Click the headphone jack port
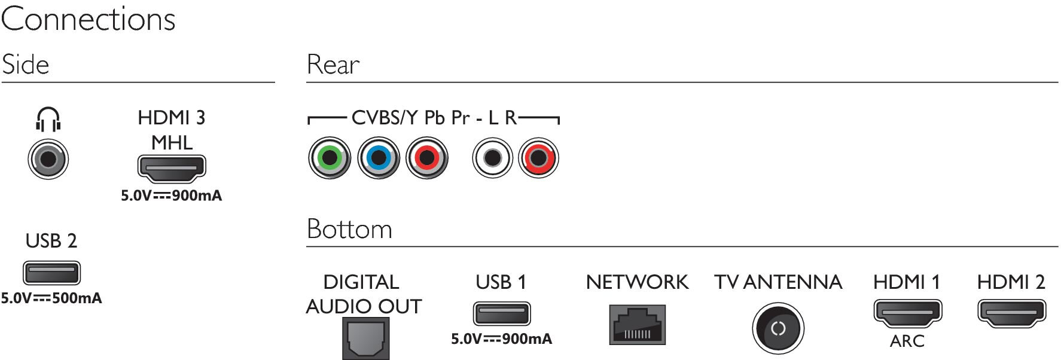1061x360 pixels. click(x=48, y=159)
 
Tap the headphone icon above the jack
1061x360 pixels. click(x=48, y=119)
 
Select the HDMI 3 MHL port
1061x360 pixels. click(x=172, y=168)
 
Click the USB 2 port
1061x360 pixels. click(x=51, y=273)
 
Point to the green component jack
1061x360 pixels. click(x=329, y=158)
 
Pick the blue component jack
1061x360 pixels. click(x=378, y=158)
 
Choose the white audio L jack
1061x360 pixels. click(x=492, y=158)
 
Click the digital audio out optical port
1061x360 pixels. click(x=365, y=338)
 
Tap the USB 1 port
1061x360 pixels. click(x=502, y=314)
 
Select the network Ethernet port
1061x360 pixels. click(x=637, y=325)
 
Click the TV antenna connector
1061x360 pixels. click(x=778, y=328)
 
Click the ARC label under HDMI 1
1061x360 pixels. click(x=907, y=341)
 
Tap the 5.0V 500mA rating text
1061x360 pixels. click(x=51, y=298)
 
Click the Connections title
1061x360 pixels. click(x=89, y=19)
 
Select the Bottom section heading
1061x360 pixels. click(x=349, y=229)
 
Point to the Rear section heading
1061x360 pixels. click(x=333, y=65)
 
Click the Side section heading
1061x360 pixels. click(x=25, y=65)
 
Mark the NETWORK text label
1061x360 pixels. click(x=637, y=282)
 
